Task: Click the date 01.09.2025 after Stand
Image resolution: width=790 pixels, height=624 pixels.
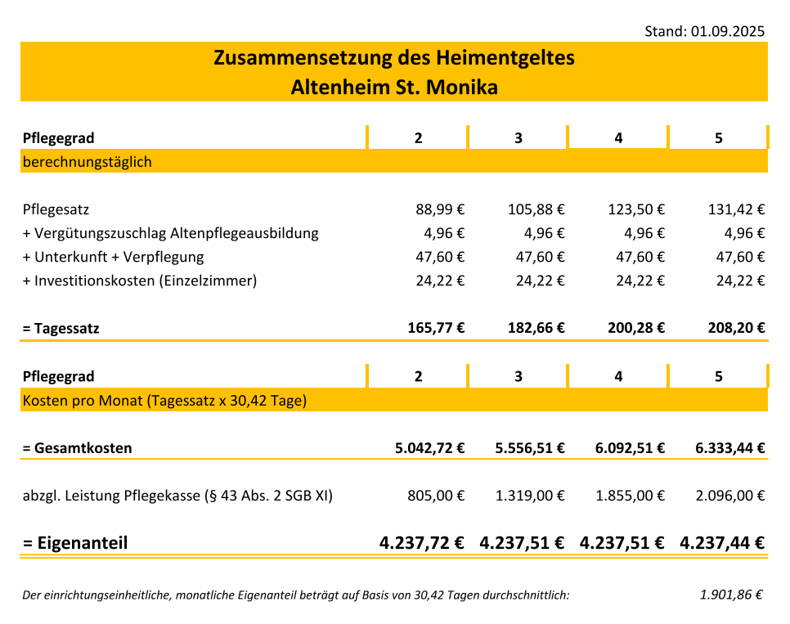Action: point(728,31)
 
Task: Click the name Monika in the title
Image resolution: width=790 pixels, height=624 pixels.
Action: point(465,87)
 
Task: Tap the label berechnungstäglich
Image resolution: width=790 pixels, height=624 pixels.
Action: point(87,162)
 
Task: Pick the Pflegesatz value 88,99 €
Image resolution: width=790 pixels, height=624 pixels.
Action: point(440,209)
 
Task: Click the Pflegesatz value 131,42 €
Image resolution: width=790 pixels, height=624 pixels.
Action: point(736,209)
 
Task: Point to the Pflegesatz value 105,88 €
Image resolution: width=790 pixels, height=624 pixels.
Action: point(536,209)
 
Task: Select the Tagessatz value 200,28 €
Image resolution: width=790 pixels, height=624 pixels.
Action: point(635,329)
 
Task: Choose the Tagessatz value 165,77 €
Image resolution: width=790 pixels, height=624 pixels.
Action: point(436,329)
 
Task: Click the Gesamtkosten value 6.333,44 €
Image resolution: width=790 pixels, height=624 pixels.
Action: point(729,448)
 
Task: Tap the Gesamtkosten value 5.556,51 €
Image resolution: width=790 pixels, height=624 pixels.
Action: point(530,448)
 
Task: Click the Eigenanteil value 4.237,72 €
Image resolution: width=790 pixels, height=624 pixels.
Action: point(422,543)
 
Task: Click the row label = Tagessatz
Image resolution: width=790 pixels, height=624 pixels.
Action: point(61,329)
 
